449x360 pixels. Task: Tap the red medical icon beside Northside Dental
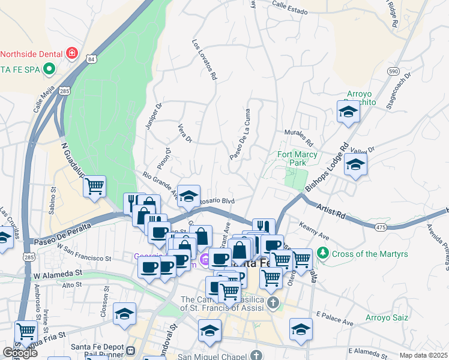72,53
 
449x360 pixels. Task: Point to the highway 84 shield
91,59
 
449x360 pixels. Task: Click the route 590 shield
393,71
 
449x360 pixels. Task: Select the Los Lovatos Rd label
204,60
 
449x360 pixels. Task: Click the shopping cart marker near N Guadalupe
94,187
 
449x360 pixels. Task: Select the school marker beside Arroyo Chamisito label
348,112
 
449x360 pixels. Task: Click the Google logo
20,353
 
